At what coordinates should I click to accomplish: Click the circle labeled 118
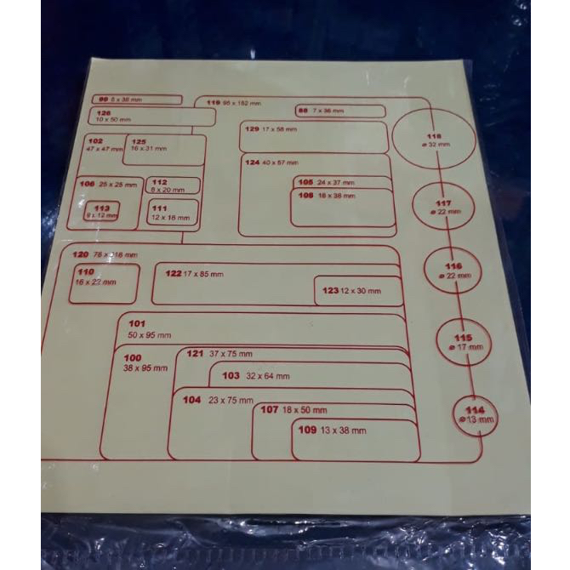pos(434,140)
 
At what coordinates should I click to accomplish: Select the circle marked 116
pos(453,271)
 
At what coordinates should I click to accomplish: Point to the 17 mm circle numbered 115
pos(464,342)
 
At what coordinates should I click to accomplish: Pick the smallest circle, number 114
pos(475,414)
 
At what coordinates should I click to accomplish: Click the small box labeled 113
pos(101,212)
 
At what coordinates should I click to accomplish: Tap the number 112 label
pos(159,181)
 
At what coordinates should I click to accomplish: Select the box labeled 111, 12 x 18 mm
pos(173,213)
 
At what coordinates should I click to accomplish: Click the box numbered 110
pos(103,282)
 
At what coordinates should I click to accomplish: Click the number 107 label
pos(270,409)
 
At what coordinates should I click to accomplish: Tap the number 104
pos(191,399)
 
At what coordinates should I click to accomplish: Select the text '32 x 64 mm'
pos(268,376)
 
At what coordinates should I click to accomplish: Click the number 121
pos(196,353)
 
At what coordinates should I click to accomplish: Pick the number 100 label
pos(132,357)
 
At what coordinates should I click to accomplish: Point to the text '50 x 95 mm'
pos(149,335)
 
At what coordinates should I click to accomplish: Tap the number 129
pos(251,128)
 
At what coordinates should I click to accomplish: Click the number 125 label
pos(139,141)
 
